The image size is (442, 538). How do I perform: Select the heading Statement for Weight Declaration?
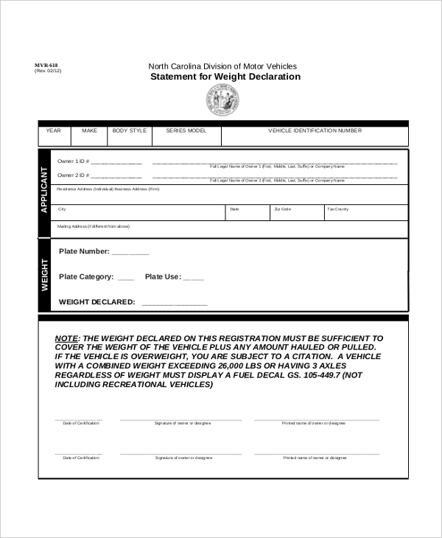click(225, 77)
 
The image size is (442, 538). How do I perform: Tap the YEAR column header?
click(54, 130)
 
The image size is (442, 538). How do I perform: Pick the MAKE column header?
click(89, 130)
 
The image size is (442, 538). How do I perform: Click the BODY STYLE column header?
click(130, 130)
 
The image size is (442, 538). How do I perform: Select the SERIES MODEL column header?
click(186, 130)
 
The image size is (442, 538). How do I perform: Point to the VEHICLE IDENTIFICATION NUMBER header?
click(315, 130)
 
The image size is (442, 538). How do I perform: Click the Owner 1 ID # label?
click(73, 162)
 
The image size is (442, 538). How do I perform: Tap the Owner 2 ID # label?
click(73, 175)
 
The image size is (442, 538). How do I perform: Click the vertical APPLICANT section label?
click(44, 190)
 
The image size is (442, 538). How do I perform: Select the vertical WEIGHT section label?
click(44, 275)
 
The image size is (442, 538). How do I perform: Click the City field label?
click(62, 209)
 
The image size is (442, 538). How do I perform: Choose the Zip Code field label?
click(283, 209)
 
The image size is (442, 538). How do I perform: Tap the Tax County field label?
click(338, 209)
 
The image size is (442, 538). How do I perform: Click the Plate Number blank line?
click(130, 253)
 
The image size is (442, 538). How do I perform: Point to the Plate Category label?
click(86, 277)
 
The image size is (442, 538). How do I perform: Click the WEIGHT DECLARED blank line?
click(174, 303)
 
